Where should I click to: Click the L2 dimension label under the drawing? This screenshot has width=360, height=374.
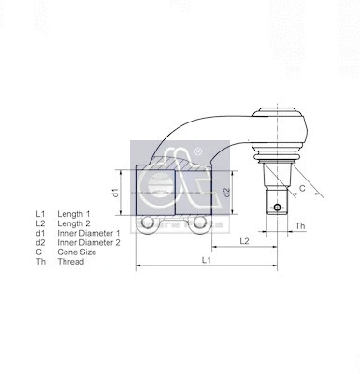[x=243, y=240]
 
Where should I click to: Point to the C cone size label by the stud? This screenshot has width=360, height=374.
[x=302, y=188]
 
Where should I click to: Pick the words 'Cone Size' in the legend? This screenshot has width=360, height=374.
[x=78, y=252]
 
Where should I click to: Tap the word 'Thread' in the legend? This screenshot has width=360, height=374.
[x=71, y=262]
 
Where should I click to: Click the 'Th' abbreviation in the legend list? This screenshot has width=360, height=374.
[x=40, y=262]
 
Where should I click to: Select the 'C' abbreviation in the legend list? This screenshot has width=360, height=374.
[x=38, y=252]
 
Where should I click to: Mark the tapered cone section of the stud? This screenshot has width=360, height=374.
[x=278, y=179]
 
